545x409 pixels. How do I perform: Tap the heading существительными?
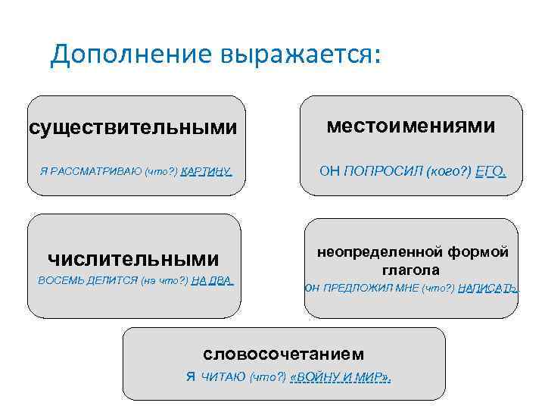tap(132, 127)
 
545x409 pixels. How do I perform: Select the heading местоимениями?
tap(411, 126)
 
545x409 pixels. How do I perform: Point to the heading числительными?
tap(132, 259)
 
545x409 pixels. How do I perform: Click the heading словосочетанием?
tap(283, 354)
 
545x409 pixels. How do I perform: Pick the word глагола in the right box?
tap(412, 270)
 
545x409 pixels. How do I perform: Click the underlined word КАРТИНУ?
tap(206, 172)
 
